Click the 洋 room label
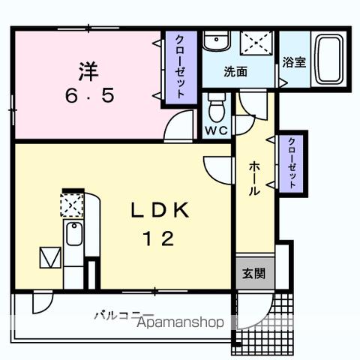[87, 73]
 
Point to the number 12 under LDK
[158, 239]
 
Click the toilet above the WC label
[217, 108]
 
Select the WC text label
[217, 129]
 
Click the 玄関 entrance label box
[253, 273]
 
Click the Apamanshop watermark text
[180, 324]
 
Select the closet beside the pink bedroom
[180, 67]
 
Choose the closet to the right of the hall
[291, 163]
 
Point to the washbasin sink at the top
[216, 41]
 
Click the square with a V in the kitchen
[49, 257]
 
